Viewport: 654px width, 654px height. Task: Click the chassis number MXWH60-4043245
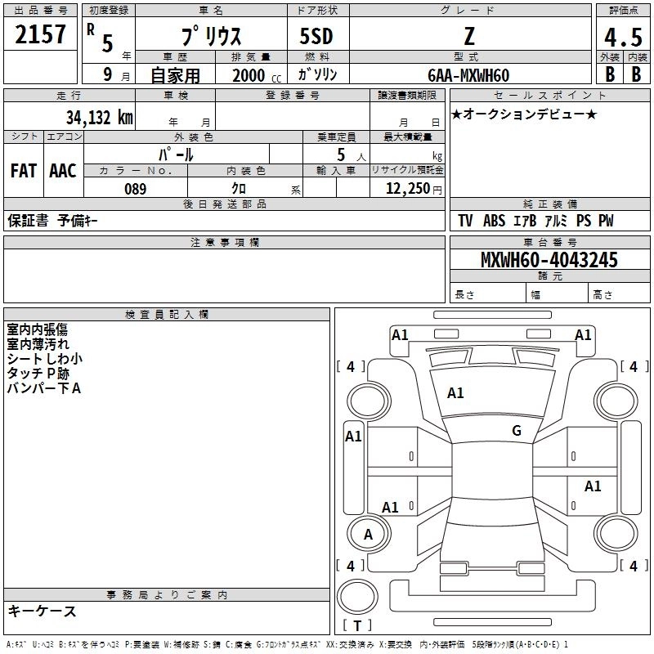pyautogui.click(x=549, y=260)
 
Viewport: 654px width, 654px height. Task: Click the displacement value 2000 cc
pyautogui.click(x=249, y=75)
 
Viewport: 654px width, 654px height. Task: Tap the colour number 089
pyautogui.click(x=136, y=189)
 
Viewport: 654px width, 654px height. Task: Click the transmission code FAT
pyautogui.click(x=23, y=170)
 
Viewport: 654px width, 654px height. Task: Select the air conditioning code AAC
pyautogui.click(x=62, y=170)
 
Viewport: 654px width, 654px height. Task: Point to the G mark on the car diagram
pyautogui.click(x=516, y=431)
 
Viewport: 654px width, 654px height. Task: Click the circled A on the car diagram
pyautogui.click(x=368, y=535)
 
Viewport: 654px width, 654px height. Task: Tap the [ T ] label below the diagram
pyautogui.click(x=357, y=625)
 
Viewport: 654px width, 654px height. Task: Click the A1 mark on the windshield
pyautogui.click(x=455, y=393)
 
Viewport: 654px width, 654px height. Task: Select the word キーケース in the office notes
pyautogui.click(x=42, y=611)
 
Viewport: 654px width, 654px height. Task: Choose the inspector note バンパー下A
pyautogui.click(x=43, y=388)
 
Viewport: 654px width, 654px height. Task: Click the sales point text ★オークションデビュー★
pyautogui.click(x=523, y=114)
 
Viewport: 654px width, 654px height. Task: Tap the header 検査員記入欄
pyautogui.click(x=167, y=315)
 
